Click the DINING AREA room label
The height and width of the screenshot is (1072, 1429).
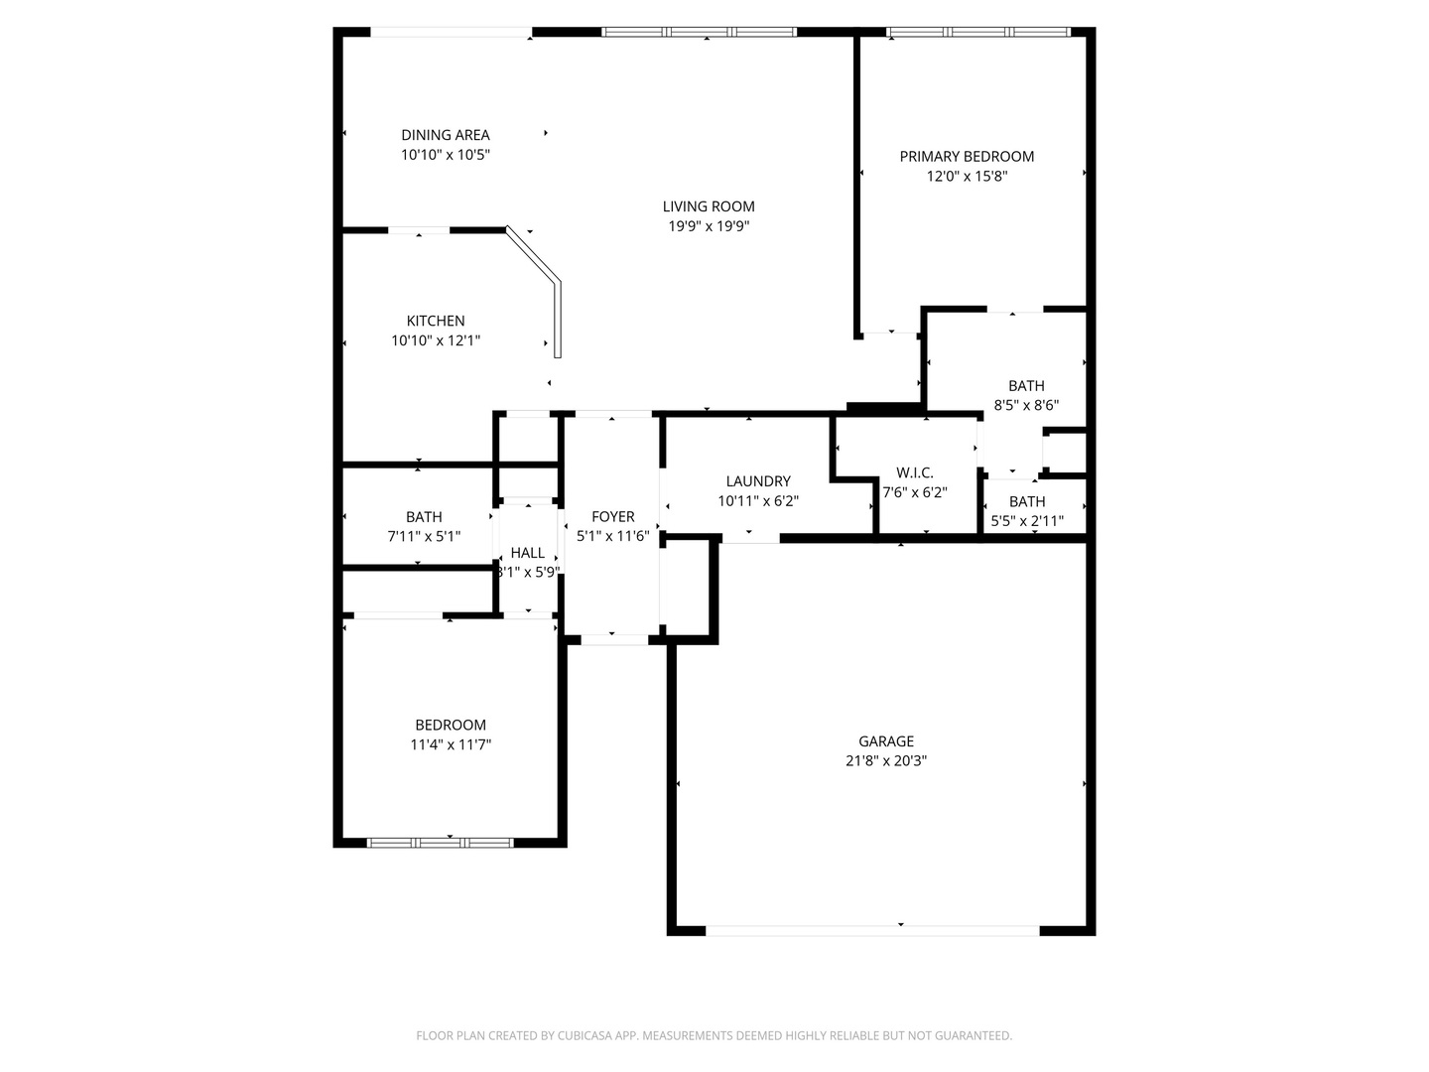[x=446, y=135]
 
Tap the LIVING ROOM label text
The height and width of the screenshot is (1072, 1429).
[x=709, y=206]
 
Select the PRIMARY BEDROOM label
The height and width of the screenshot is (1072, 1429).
[x=967, y=156]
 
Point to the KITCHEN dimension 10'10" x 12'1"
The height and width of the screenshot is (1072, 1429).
[x=436, y=340]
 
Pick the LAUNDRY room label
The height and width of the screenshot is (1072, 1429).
[x=758, y=481]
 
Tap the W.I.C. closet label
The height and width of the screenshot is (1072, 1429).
[x=914, y=472]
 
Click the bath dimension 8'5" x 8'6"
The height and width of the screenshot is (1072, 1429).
[x=1026, y=405]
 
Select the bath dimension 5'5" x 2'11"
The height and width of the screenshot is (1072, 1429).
[x=1027, y=520]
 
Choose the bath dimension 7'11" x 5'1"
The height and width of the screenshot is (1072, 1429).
[x=424, y=536]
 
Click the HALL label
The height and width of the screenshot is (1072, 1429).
[x=528, y=553]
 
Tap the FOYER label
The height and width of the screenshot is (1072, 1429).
[x=613, y=516]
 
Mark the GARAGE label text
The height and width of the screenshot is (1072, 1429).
[x=886, y=741]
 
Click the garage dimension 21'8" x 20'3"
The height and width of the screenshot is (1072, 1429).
[x=886, y=761]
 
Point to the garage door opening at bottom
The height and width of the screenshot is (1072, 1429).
[x=873, y=930]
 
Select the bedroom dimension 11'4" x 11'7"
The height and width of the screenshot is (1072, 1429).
[x=451, y=744]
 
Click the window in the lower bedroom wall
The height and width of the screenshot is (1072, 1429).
[x=440, y=843]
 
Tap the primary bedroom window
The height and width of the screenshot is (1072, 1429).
[x=977, y=32]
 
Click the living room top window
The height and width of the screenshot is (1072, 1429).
[x=700, y=32]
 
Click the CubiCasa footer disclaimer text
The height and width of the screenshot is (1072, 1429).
[x=714, y=1035]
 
